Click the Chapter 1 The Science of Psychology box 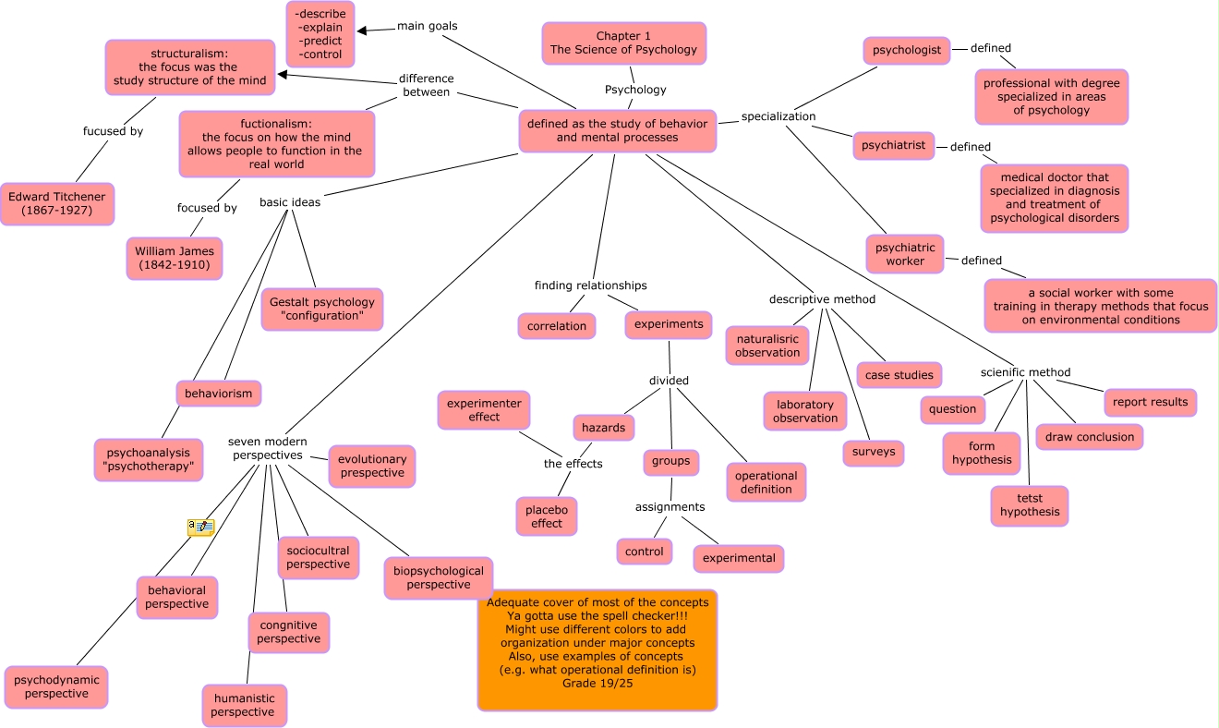point(623,43)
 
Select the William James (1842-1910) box point(175,258)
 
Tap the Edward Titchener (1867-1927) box point(57,203)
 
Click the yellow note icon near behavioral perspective point(200,528)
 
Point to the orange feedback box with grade point(597,649)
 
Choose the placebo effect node point(547,516)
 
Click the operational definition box point(766,482)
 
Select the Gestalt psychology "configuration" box point(322,309)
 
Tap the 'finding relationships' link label point(590,285)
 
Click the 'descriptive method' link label point(822,299)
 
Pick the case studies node point(899,374)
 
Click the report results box point(1150,402)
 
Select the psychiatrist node point(894,145)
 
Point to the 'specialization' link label point(778,116)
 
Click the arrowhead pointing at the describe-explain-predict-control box point(361,30)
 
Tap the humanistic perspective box point(245,705)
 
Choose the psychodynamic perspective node point(56,686)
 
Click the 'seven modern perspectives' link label point(267,448)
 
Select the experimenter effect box point(484,410)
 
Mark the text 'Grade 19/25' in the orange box point(597,683)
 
